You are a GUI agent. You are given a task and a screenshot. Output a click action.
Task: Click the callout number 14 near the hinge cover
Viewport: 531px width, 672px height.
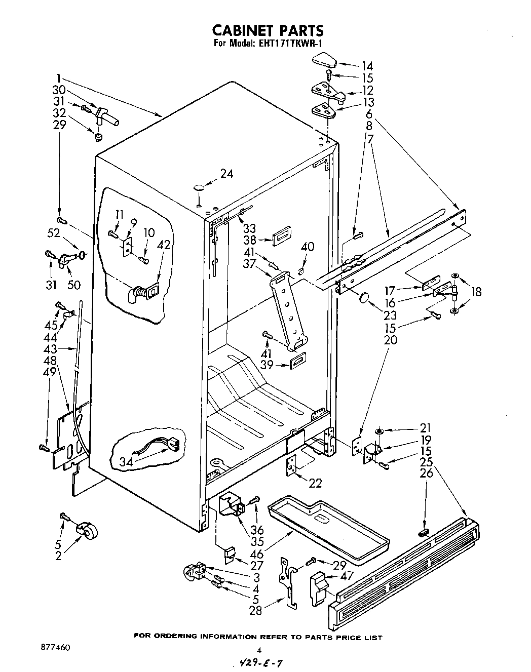tap(367, 66)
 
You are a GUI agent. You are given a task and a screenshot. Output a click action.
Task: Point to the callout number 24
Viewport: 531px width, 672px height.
tap(226, 174)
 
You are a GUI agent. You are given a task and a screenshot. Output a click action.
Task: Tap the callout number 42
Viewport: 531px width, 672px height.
tap(163, 244)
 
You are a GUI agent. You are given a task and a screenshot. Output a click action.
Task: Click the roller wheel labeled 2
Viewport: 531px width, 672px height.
tap(88, 530)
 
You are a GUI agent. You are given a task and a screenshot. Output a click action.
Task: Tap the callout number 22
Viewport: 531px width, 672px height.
tap(315, 483)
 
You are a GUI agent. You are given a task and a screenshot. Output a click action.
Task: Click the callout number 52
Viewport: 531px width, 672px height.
tap(53, 233)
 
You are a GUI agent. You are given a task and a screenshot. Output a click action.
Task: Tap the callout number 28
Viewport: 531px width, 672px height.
tap(255, 611)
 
